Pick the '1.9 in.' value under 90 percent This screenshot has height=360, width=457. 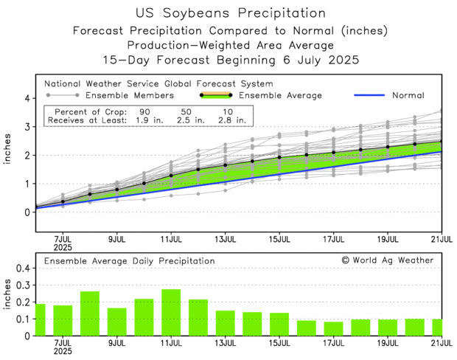[x=144, y=119]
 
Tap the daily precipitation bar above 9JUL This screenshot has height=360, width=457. [x=117, y=322]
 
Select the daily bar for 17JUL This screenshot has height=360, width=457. [x=333, y=328]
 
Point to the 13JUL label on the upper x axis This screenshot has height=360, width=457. [x=225, y=239]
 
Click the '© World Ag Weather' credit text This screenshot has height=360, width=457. [x=388, y=260]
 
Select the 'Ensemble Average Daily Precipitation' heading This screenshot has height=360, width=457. [x=129, y=260]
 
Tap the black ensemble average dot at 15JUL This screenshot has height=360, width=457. [x=279, y=157]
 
